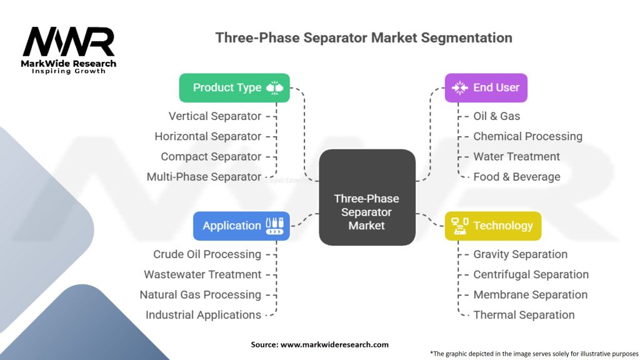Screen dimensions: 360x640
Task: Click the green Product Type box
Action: (234, 87)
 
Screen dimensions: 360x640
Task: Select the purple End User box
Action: (486, 87)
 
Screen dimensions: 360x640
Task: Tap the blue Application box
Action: (241, 226)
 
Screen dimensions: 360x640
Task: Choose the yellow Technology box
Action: (493, 226)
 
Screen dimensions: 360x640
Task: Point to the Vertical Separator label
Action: (215, 116)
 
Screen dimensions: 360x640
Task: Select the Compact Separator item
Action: (211, 157)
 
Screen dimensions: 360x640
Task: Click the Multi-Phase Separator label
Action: (204, 177)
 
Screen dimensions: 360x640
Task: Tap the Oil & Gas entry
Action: (496, 116)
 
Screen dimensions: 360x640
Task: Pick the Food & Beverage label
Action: (516, 177)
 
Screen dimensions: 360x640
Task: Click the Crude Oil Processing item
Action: (207, 254)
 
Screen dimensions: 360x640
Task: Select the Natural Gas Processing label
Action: (200, 295)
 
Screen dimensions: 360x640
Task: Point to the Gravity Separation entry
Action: (520, 254)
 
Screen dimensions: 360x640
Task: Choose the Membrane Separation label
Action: (530, 295)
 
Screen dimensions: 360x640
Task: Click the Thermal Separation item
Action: (524, 315)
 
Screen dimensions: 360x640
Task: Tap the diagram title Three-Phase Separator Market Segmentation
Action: (364, 37)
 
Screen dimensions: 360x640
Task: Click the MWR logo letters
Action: (69, 42)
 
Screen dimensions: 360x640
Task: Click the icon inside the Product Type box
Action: (274, 87)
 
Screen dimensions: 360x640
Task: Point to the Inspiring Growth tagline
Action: (69, 71)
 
